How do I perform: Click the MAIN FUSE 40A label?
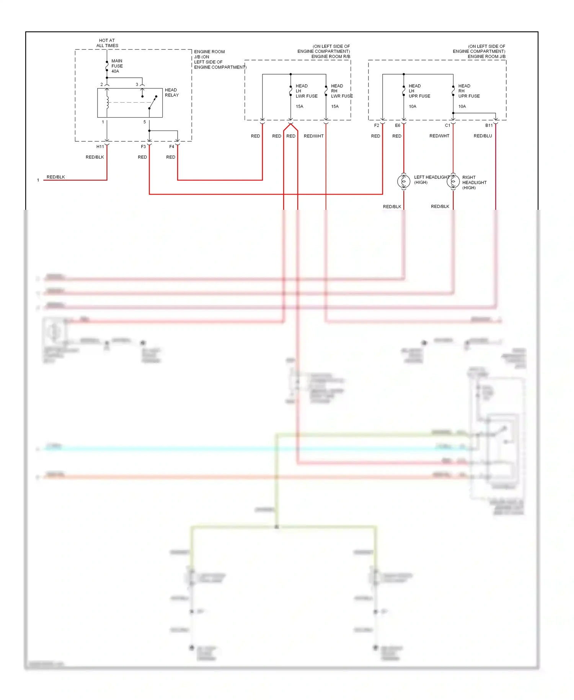point(117,66)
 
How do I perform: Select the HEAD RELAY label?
point(171,92)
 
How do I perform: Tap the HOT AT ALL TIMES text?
point(107,43)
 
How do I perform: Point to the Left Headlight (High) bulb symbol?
point(404,181)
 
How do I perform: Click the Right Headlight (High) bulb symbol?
point(453,181)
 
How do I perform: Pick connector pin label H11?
point(100,147)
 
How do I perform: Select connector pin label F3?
point(143,147)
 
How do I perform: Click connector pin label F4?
point(171,147)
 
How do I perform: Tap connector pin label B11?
point(489,126)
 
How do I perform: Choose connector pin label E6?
point(398,126)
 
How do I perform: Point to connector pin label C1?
point(447,126)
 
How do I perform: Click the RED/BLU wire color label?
point(483,136)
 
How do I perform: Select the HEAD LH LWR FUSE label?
point(306,91)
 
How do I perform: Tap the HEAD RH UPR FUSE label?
point(469,91)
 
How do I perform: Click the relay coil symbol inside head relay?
point(108,102)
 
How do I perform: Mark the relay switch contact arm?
point(153,103)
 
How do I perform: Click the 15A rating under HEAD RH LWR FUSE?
point(335,106)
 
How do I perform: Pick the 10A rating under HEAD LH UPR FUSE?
point(412,106)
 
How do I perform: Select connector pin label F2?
point(377,126)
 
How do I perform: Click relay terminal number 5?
point(145,122)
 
